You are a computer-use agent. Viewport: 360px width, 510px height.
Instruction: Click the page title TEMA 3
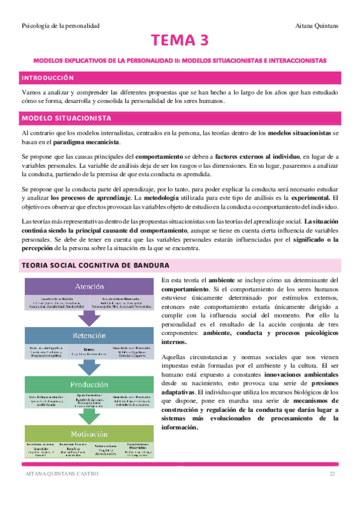click(x=180, y=41)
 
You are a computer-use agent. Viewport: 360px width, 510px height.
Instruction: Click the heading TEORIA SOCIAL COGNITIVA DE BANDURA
click(x=103, y=265)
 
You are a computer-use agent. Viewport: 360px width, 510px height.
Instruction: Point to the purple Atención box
click(x=90, y=286)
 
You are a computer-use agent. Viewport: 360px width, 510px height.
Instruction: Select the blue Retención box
click(x=90, y=336)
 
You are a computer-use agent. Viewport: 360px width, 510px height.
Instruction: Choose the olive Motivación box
click(x=90, y=434)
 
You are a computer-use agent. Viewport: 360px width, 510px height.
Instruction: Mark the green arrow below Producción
click(x=90, y=416)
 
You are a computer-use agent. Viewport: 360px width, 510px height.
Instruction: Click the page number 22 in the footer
click(x=332, y=475)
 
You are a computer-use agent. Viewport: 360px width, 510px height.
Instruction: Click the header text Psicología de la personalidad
click(x=60, y=25)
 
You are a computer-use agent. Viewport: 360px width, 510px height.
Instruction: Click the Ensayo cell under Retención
click(x=90, y=351)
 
